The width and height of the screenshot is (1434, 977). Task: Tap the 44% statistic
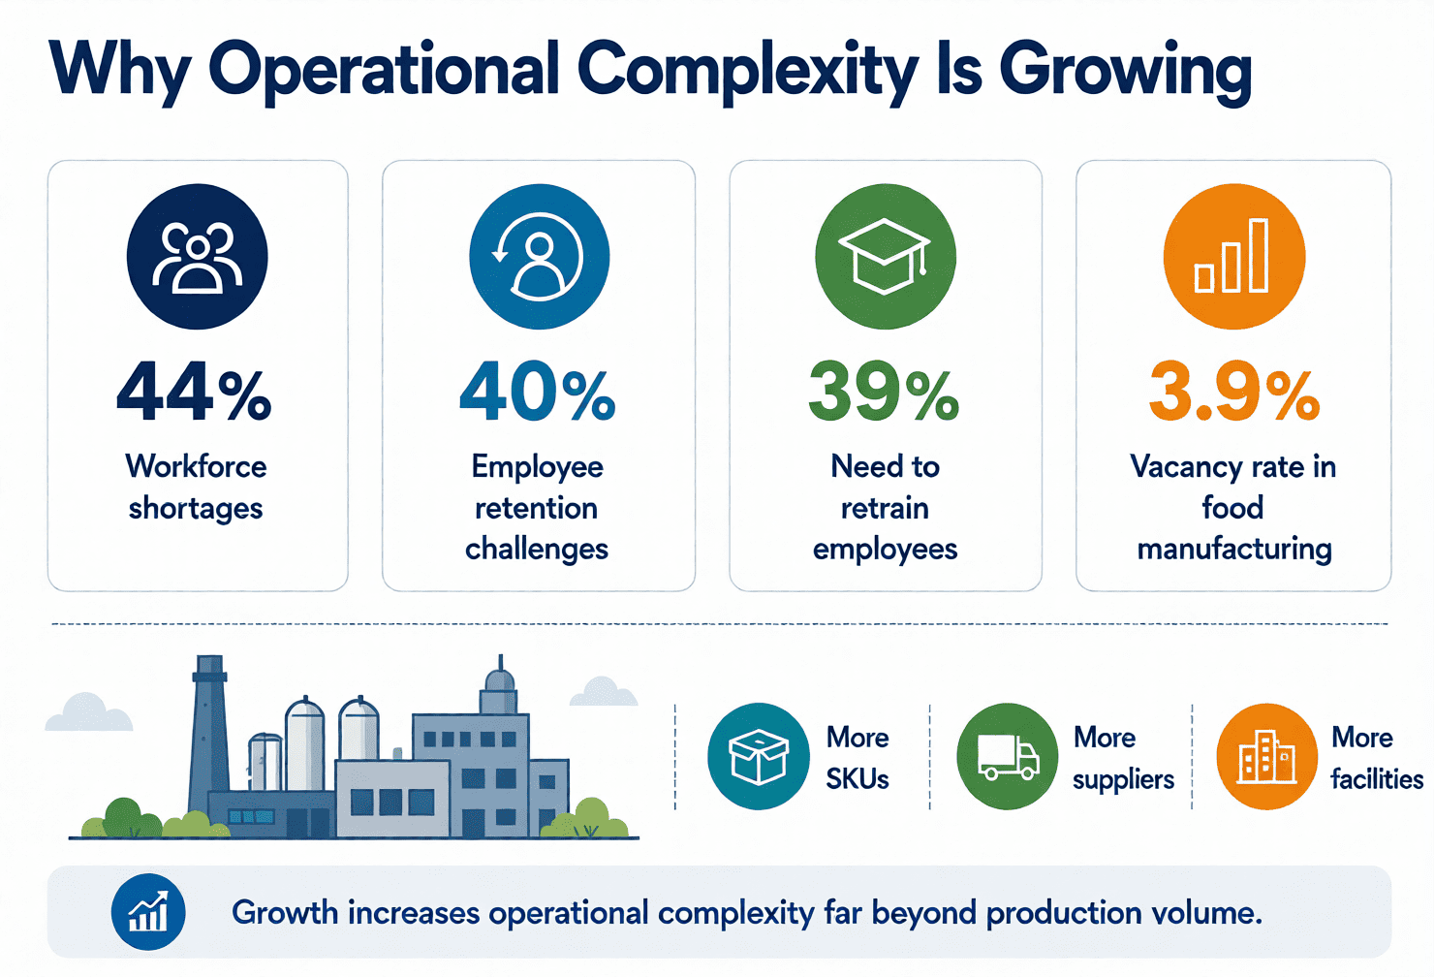[194, 392]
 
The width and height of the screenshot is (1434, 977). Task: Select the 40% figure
[538, 392]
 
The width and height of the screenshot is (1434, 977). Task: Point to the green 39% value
[884, 392]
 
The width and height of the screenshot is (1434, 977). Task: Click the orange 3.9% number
[1233, 392]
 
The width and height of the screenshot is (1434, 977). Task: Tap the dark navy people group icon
[198, 257]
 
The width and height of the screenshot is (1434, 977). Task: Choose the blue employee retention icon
[539, 257]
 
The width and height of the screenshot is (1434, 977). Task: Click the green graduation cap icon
[886, 257]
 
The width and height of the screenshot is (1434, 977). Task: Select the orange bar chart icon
[1233, 257]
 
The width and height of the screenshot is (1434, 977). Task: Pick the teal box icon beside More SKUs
[759, 756]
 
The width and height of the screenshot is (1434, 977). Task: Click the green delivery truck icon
[1008, 756]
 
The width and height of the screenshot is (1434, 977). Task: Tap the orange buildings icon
[1267, 756]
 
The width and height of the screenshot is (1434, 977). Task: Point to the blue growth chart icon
[148, 912]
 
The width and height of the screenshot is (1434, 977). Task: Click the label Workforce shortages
[196, 488]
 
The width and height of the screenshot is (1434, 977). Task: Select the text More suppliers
[1124, 759]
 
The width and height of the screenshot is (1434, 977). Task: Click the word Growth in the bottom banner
[285, 912]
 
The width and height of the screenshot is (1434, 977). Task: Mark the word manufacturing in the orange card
[1234, 550]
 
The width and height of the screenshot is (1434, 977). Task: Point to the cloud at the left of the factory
[88, 712]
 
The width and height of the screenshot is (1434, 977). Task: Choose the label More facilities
[1377, 759]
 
